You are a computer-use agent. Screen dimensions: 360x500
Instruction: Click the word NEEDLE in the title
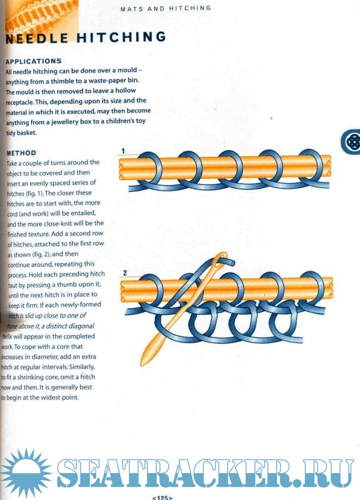(x=37, y=38)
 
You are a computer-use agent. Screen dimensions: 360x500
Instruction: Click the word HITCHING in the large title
(x=121, y=37)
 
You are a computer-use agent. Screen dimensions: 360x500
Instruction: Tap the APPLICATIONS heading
(x=34, y=61)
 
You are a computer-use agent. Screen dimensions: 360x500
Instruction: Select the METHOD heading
(x=21, y=153)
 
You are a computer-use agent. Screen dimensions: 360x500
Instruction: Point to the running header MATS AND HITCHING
(x=166, y=9)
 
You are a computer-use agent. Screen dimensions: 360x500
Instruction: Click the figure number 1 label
(x=123, y=151)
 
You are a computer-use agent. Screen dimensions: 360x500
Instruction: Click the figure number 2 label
(x=124, y=273)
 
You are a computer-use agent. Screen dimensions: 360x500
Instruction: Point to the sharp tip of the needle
(x=142, y=364)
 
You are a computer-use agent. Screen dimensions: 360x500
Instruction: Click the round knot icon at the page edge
(x=351, y=142)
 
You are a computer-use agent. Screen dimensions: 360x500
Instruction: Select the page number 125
(x=162, y=497)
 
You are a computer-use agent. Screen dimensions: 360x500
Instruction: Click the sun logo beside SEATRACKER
(x=26, y=472)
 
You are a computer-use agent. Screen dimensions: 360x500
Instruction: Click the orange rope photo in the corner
(x=42, y=16)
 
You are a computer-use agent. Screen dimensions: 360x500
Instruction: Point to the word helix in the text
(x=7, y=336)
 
